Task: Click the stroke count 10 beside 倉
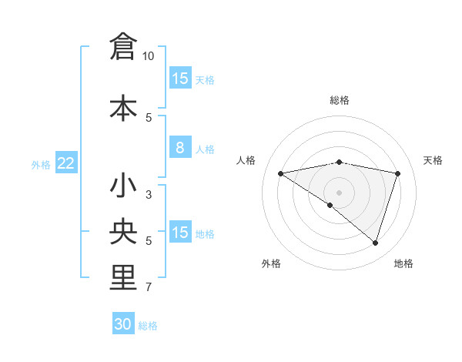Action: click(149, 56)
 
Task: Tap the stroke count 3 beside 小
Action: click(149, 195)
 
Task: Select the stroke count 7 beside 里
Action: click(149, 288)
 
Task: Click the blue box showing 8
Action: click(179, 148)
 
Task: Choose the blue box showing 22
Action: click(66, 163)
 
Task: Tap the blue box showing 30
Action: click(123, 324)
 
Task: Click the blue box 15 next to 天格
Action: click(179, 79)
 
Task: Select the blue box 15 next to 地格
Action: click(179, 233)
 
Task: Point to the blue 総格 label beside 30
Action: click(148, 326)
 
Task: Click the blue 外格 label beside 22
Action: click(41, 165)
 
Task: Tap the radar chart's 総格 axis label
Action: click(339, 100)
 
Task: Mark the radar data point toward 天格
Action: click(398, 173)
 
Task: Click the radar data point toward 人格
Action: click(280, 173)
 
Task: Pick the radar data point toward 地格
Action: click(376, 243)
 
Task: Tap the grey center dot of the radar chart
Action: click(339, 192)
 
